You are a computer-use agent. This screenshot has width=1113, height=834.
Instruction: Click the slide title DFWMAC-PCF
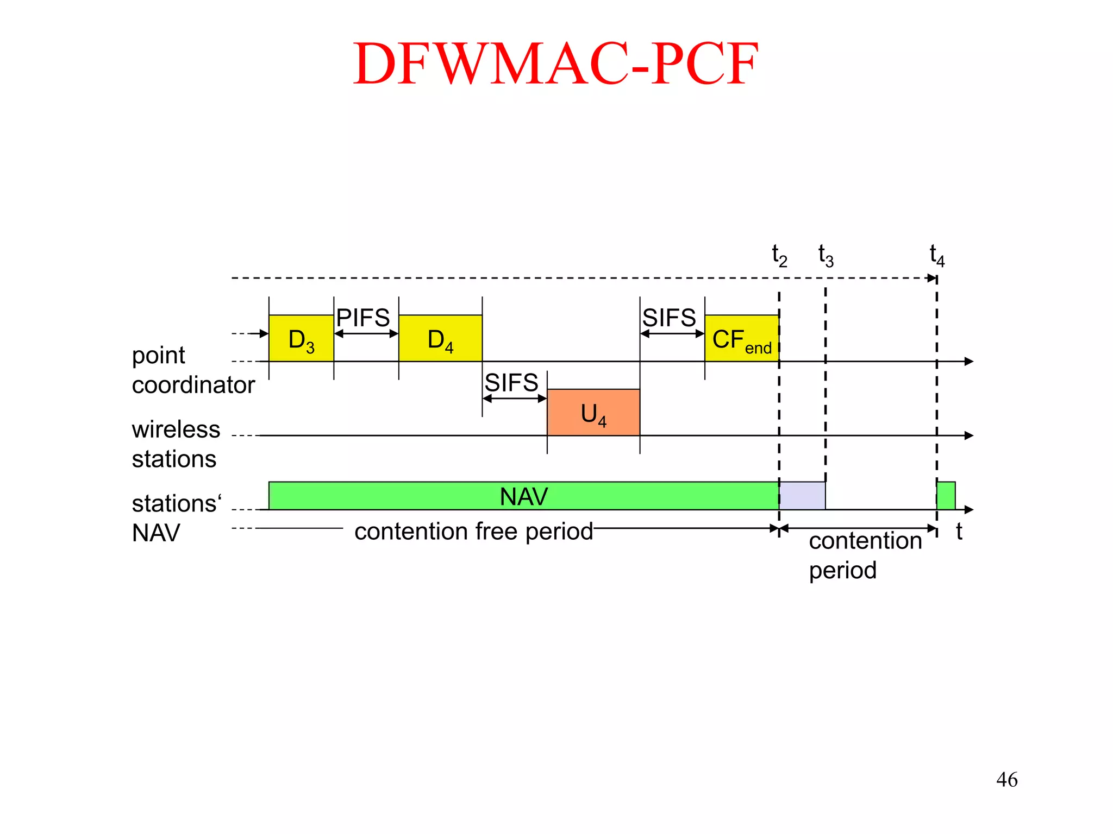coord(555,64)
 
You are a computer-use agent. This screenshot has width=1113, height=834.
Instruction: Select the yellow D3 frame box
coord(301,338)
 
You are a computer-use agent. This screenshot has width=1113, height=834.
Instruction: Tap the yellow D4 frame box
coord(440,338)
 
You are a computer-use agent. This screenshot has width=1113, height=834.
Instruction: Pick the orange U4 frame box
coord(593,412)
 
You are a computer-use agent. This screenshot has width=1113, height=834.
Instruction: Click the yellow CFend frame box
coord(741,338)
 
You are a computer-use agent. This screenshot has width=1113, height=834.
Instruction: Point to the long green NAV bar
coord(523,496)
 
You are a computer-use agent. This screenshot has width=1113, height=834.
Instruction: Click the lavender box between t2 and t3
coord(802,496)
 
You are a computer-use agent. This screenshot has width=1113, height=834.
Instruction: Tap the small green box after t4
coord(946,496)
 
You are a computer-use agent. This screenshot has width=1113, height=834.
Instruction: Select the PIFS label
coord(363,318)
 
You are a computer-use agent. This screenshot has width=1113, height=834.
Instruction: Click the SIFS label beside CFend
coord(669,318)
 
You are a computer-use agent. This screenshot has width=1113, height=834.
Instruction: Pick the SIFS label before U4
coord(511,383)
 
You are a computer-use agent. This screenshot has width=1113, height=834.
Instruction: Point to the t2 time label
coord(779,255)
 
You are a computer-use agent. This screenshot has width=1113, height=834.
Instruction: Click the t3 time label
coord(826,255)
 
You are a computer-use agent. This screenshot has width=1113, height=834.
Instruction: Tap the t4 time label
coord(937,255)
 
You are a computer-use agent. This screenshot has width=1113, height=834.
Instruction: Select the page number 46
coord(1006,780)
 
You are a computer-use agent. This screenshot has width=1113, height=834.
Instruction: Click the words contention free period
coord(473,531)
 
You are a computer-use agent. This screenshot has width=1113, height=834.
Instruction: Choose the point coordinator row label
coord(193,370)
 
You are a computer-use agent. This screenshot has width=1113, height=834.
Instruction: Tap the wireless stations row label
coord(176,444)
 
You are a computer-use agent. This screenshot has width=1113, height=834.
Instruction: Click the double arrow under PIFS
coord(366,334)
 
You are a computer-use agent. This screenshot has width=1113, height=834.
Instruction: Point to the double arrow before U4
coord(515,399)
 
